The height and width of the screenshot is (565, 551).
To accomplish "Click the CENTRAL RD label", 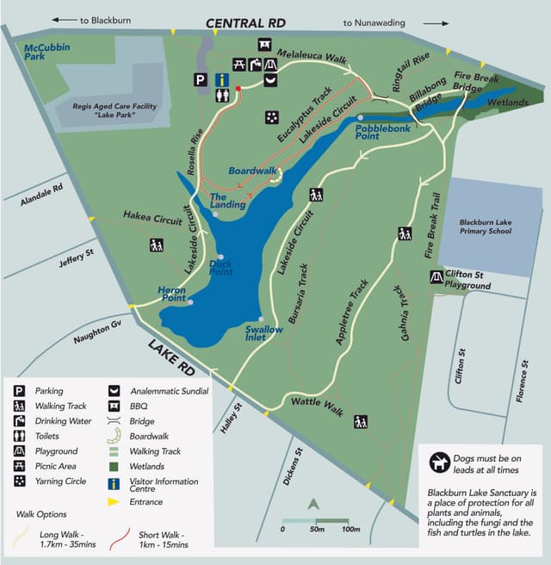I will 245,22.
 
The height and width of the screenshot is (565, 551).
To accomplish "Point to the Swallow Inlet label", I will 263,333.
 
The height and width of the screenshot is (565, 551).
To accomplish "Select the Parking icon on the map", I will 201,80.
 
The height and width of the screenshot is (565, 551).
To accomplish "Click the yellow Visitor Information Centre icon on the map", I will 222,80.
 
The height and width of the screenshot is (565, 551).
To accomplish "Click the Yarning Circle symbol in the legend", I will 19,481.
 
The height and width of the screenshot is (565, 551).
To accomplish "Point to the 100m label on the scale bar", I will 350,529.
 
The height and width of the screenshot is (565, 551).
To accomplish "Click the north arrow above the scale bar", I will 314,505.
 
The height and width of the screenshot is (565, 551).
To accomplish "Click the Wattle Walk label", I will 317,405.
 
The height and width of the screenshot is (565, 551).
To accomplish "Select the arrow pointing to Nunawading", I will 436,22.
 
